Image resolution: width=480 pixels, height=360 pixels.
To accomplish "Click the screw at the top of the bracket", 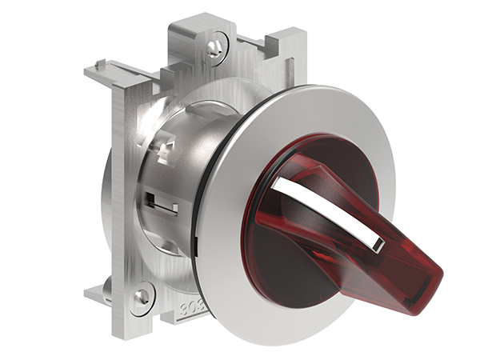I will tap(214, 47).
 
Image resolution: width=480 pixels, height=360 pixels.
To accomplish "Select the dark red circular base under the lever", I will tap(296, 264).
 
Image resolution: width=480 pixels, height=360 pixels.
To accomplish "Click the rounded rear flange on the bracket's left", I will tap(107, 200).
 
